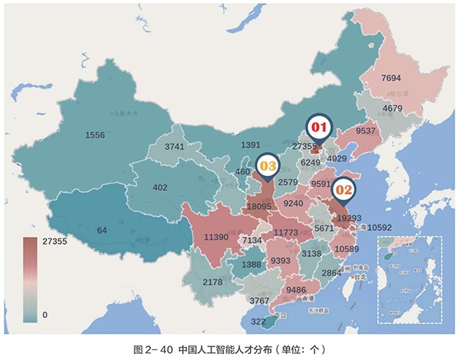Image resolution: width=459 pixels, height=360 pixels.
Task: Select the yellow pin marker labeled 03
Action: [x=267, y=164]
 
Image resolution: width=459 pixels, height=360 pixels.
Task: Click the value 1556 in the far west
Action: [x=96, y=135]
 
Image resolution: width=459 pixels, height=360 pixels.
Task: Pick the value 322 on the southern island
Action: [x=259, y=322]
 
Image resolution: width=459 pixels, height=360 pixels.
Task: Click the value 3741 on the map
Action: [x=175, y=147]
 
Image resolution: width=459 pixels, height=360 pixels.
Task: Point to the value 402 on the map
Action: [x=160, y=187]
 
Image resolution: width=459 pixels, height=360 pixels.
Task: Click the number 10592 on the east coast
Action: [x=379, y=227]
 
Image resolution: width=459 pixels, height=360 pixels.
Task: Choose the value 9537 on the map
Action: [x=366, y=131]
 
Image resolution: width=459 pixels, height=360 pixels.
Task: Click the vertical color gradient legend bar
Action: [x=30, y=277]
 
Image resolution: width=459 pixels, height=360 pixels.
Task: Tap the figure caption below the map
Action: [x=229, y=349]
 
